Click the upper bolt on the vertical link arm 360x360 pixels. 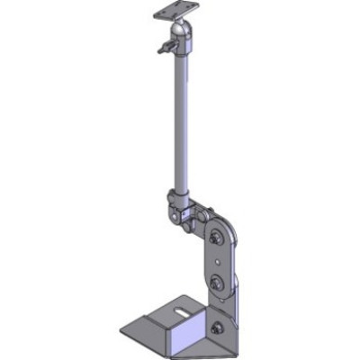coord(216,238)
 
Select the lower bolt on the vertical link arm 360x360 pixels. coord(218,286)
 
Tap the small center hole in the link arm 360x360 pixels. coord(217,262)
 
